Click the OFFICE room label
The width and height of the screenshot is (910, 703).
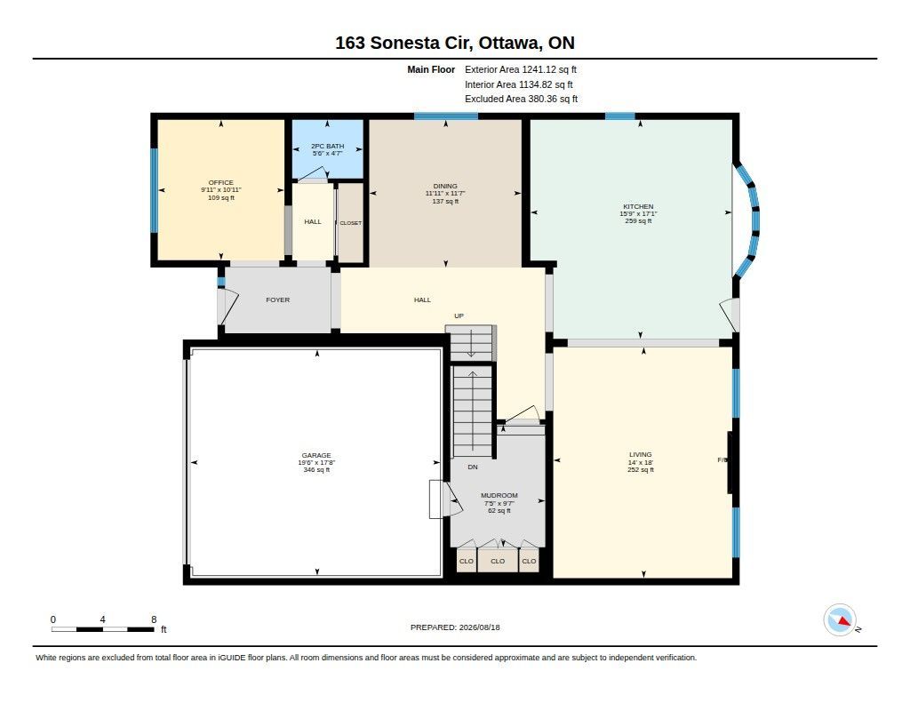tap(221, 182)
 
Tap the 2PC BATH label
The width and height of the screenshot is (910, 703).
tap(327, 146)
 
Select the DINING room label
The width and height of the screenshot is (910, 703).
tap(445, 186)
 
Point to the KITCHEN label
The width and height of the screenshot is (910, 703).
tap(638, 206)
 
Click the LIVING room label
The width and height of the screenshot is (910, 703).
tap(640, 454)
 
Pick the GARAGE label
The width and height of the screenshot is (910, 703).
tap(316, 455)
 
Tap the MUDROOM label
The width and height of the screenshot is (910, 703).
tap(499, 495)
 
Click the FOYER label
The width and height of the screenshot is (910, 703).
tap(277, 300)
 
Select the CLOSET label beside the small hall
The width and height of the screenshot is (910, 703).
tap(350, 223)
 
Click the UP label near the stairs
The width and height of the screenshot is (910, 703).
tap(459, 316)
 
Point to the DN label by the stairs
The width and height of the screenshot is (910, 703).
tap(473, 467)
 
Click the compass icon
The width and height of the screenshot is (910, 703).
tap(840, 620)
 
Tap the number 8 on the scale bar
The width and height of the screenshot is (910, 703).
tap(154, 619)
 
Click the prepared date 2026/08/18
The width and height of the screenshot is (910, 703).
tap(479, 627)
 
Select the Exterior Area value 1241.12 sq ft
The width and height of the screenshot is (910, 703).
tap(549, 69)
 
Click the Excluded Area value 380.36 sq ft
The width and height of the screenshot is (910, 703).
tap(553, 99)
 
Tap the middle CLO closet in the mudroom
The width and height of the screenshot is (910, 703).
tap(498, 561)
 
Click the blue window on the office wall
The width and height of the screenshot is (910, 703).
tap(155, 190)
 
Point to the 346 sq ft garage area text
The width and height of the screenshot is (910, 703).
tap(316, 469)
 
